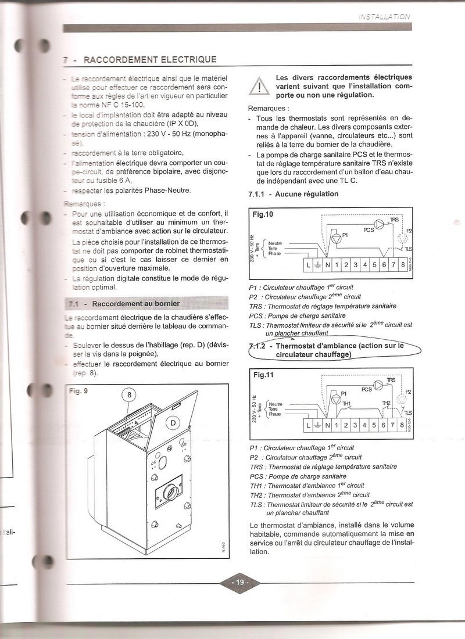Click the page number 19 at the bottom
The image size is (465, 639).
pyautogui.click(x=239, y=581)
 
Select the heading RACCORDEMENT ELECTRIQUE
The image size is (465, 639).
pyautogui.click(x=150, y=59)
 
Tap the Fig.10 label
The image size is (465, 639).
pyautogui.click(x=263, y=214)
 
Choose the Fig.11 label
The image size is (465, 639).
pyautogui.click(x=263, y=375)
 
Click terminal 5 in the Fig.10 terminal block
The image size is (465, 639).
pyautogui.click(x=375, y=265)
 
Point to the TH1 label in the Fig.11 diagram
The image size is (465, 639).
pyautogui.click(x=346, y=404)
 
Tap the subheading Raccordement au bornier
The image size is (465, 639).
pyautogui.click(x=135, y=303)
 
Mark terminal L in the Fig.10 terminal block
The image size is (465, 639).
pyautogui.click(x=308, y=265)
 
